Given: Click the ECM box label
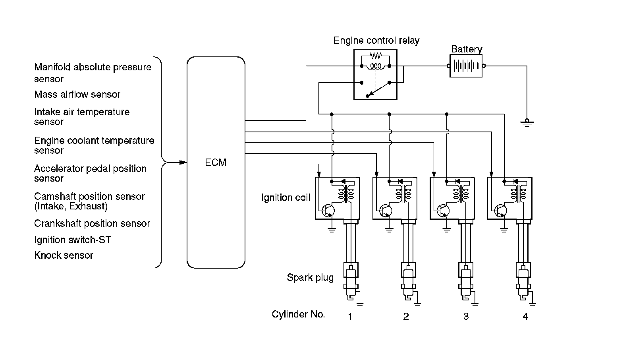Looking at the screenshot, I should coord(216,163).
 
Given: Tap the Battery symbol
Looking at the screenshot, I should coord(466,66).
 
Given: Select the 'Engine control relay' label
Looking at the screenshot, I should coord(376,41).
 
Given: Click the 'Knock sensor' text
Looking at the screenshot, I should coord(64,255).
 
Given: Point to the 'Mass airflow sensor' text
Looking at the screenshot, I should coord(77,95).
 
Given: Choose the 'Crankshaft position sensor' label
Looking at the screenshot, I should coord(92,224).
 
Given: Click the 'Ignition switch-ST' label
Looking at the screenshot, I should coord(73,240).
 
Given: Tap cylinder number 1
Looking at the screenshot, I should coord(350,317).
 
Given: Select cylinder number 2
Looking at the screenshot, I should coord(406,317).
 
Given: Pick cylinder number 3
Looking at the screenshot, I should coord(466,317).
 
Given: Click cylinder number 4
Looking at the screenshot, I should coord(525,317).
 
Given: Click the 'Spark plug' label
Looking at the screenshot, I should coord(310,277).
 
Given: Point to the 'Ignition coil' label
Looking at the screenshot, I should coord(286,197).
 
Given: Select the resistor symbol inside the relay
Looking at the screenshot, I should coord(375,55).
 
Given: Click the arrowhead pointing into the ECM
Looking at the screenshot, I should coord(183,163).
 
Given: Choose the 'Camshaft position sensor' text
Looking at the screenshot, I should coord(89,197).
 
